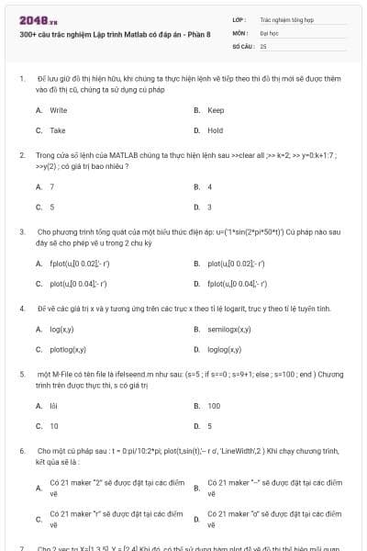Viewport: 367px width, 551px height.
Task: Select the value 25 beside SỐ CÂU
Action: click(263, 45)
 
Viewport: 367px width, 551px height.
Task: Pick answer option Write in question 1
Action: click(58, 110)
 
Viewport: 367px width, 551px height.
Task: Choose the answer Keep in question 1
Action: click(216, 110)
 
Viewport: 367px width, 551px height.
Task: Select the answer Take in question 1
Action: click(57, 130)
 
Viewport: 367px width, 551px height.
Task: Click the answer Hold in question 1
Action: click(216, 130)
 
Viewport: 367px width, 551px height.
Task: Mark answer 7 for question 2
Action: click(51, 186)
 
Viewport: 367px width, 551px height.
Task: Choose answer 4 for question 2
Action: click(210, 186)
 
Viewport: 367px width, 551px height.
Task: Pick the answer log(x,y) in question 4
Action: click(61, 329)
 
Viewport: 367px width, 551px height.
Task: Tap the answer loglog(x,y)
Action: click(224, 349)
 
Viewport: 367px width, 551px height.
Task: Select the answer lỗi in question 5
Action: click(54, 405)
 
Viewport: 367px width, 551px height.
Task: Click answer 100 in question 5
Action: click(214, 405)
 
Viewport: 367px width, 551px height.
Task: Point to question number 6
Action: click(22, 452)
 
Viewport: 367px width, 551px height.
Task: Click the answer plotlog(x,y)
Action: click(67, 349)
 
